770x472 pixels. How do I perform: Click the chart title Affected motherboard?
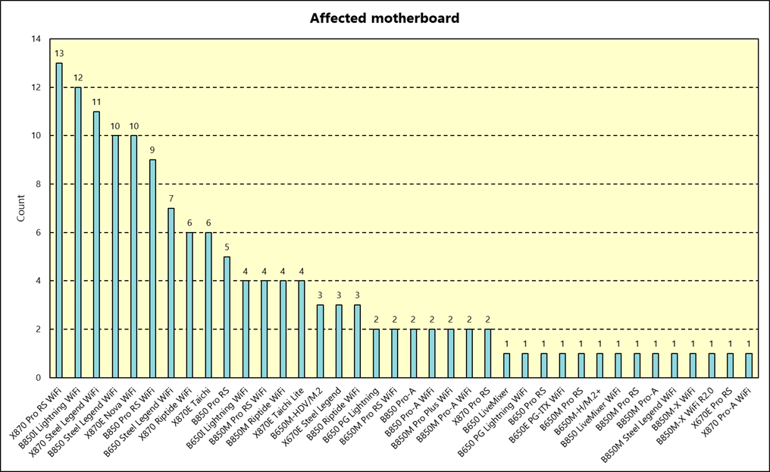(384, 17)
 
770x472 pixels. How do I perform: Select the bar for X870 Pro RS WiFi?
(59, 220)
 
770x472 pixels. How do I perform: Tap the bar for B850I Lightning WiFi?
(77, 232)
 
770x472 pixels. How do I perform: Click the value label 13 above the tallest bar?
(59, 53)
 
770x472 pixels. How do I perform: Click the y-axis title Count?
(21, 208)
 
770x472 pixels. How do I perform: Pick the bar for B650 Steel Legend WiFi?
(171, 293)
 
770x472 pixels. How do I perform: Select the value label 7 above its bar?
(171, 199)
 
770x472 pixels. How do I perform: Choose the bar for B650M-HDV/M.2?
(320, 341)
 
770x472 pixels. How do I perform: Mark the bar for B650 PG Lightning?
(375, 353)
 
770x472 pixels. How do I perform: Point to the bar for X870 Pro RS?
(487, 353)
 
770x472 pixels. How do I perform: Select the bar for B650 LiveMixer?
(506, 365)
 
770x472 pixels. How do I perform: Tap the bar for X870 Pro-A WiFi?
(749, 365)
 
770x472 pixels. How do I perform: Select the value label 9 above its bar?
(152, 150)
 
